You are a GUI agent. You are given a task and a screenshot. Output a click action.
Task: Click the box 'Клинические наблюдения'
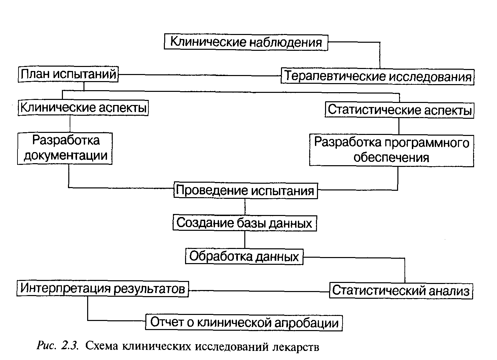(x=246, y=42)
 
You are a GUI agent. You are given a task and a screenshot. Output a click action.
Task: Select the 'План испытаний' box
(x=68, y=74)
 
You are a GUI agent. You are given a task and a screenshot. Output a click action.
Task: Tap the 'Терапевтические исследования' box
(x=378, y=76)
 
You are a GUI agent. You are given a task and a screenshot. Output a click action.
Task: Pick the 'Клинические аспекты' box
(x=83, y=108)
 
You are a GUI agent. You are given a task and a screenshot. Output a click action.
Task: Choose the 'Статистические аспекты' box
(x=399, y=110)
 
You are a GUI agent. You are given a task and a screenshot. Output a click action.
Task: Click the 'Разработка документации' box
(x=65, y=148)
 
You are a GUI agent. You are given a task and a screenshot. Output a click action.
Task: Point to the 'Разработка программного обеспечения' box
(x=392, y=150)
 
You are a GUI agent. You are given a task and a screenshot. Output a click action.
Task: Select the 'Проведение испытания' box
(x=246, y=190)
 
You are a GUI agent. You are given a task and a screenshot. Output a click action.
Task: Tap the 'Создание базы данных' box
(x=245, y=223)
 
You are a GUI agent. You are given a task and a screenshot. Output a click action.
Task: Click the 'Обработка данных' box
(x=244, y=256)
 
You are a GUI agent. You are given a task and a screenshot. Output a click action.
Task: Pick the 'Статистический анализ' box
(x=401, y=291)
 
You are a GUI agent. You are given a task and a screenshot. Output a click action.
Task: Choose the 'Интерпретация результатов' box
(x=103, y=289)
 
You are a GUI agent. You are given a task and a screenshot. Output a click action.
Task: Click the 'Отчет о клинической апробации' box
(x=244, y=323)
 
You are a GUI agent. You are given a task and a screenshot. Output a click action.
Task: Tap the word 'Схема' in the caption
(x=101, y=346)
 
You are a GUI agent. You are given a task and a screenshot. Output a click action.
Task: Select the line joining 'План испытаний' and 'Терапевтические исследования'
(x=200, y=75)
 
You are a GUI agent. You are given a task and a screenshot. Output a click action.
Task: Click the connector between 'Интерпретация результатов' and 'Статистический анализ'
(x=259, y=291)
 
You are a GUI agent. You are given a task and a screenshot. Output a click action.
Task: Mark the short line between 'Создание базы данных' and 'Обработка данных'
(x=245, y=240)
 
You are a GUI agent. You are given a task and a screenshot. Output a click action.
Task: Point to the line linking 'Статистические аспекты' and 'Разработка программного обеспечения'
(x=399, y=126)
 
